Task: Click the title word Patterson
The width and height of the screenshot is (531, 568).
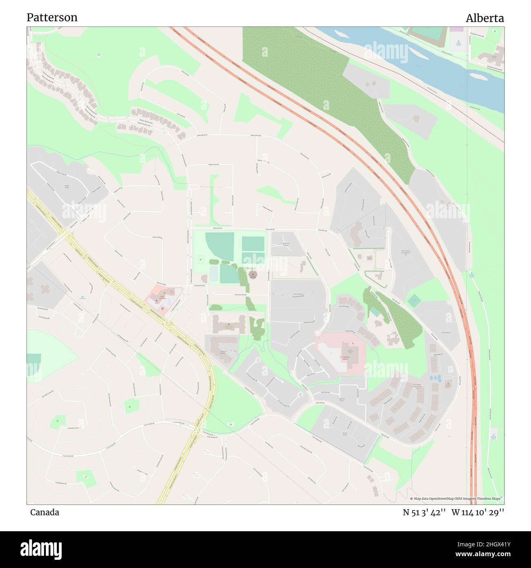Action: (x=52, y=18)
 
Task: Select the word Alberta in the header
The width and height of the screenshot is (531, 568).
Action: (x=485, y=18)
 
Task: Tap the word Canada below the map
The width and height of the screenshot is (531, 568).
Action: (x=45, y=512)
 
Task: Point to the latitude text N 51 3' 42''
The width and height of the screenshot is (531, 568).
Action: (x=423, y=512)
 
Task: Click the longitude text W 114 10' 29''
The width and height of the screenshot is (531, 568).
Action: (x=478, y=512)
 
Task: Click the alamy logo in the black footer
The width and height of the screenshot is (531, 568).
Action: (x=41, y=549)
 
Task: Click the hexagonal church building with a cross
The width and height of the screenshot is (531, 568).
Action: (x=253, y=275)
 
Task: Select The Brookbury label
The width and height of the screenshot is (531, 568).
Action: (x=299, y=294)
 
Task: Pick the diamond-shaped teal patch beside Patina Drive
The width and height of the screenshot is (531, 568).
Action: (x=414, y=301)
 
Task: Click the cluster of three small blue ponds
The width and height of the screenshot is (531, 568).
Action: (x=436, y=378)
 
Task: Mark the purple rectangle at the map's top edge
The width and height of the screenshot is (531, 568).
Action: (x=457, y=29)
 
